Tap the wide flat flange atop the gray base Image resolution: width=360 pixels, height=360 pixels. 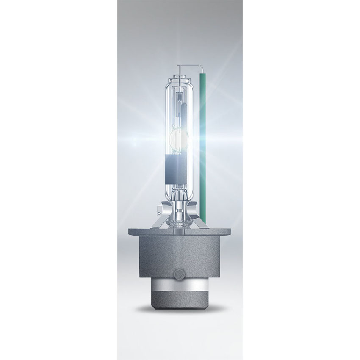pyautogui.click(x=180, y=232)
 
